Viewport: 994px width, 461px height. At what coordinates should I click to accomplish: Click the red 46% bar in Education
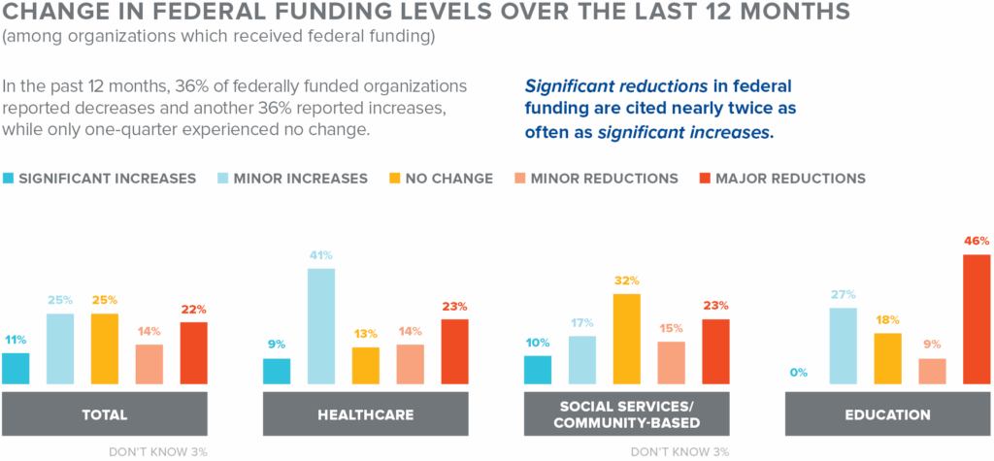[977, 319]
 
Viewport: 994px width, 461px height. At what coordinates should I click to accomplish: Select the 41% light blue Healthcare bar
[321, 326]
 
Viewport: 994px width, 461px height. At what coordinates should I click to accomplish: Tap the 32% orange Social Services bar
[627, 339]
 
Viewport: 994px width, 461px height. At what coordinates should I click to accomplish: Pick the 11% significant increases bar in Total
[16, 369]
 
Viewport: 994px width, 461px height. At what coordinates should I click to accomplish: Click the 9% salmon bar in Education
[932, 372]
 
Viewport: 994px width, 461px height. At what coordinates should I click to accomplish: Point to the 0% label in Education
[800, 374]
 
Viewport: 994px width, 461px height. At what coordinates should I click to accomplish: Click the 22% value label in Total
[193, 310]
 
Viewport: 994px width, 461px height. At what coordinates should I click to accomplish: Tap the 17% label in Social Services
[582, 323]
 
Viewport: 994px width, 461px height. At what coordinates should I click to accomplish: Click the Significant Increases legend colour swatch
[9, 179]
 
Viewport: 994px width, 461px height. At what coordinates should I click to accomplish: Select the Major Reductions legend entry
[781, 179]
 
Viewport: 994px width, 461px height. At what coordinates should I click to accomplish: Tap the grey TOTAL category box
[104, 414]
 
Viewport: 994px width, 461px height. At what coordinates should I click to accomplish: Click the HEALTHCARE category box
[366, 414]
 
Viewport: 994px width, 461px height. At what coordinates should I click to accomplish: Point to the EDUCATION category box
[887, 414]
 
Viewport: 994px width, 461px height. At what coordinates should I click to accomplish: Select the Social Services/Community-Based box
[626, 414]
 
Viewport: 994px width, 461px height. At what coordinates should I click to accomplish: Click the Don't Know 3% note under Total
[159, 451]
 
